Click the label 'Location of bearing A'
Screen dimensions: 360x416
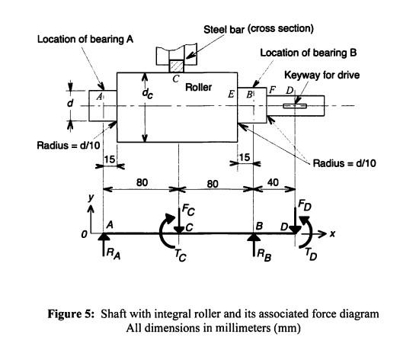pyautogui.click(x=86, y=39)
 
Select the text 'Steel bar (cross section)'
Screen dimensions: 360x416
pyautogui.click(x=258, y=28)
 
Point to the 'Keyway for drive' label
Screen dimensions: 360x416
pyautogui.click(x=322, y=76)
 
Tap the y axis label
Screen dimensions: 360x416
pyautogui.click(x=91, y=197)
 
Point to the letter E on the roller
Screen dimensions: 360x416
pyautogui.click(x=231, y=94)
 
